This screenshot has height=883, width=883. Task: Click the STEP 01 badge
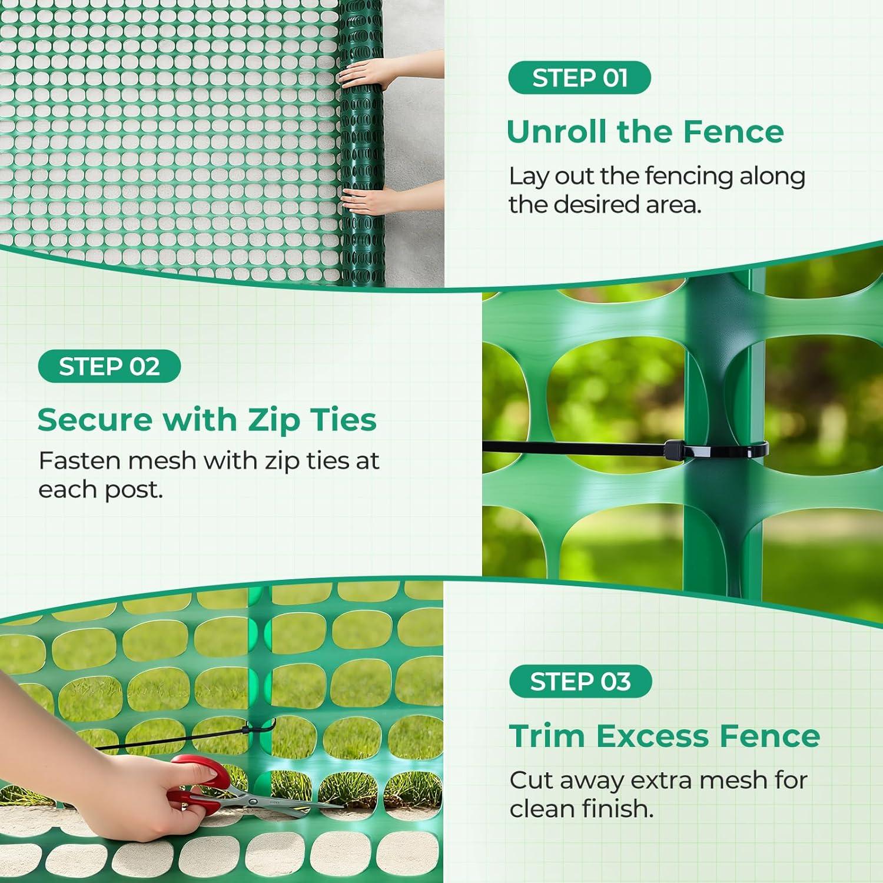click(579, 78)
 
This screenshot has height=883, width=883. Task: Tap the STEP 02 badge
click(109, 366)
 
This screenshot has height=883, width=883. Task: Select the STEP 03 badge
click(580, 682)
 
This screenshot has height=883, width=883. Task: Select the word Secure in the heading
click(94, 420)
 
